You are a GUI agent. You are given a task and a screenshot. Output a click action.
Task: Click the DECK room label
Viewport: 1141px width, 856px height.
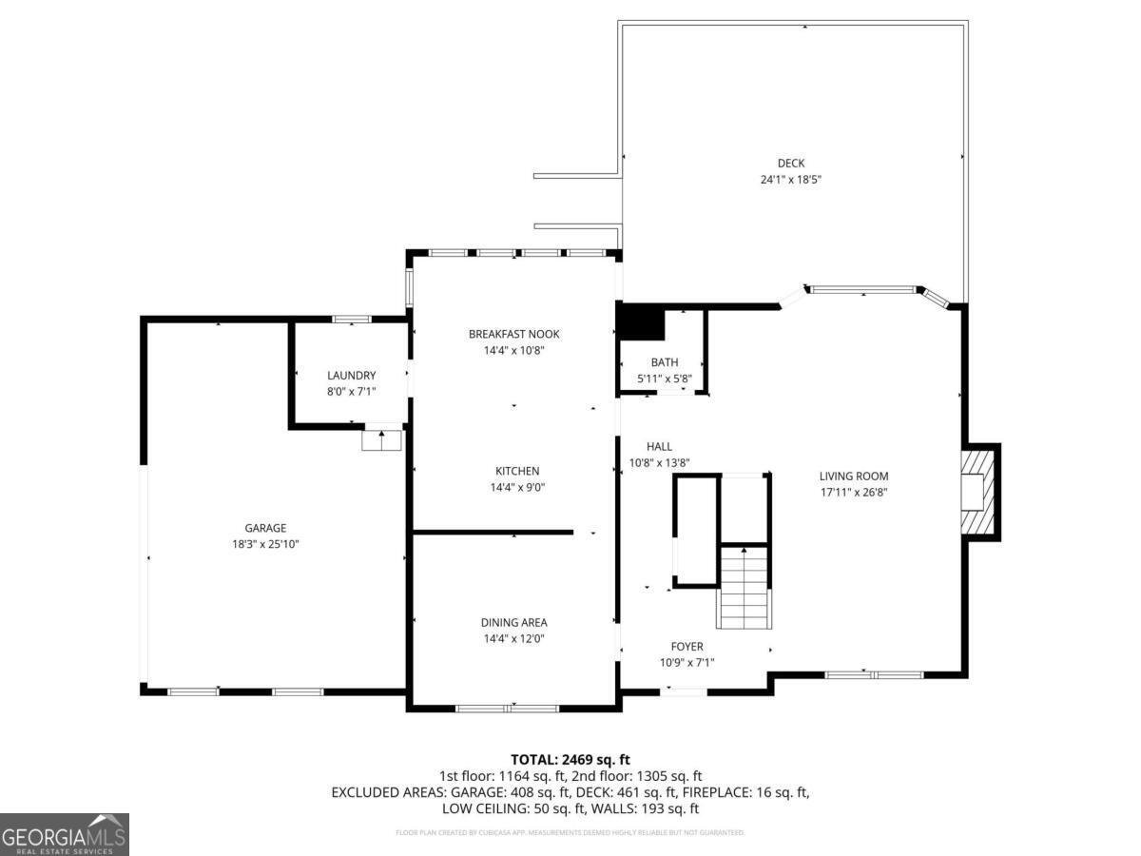[790, 163]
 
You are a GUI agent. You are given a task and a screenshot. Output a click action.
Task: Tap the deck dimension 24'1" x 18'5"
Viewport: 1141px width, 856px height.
[790, 179]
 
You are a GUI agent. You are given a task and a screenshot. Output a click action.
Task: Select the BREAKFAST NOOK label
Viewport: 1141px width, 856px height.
[513, 334]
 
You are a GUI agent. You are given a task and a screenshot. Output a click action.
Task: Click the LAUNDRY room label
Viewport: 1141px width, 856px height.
[351, 376]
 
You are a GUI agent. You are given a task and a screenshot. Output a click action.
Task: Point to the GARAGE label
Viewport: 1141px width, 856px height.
[265, 528]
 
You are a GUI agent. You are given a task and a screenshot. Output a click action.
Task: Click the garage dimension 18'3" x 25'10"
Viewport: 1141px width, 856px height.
[265, 544]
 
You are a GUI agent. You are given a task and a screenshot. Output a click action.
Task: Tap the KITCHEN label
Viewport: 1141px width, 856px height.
[517, 471]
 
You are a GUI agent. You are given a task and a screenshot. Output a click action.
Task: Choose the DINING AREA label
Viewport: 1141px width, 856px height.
[513, 623]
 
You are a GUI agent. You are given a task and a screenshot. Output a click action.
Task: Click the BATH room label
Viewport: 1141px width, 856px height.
[665, 362]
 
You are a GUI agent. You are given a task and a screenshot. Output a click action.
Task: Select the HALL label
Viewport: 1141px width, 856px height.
[659, 446]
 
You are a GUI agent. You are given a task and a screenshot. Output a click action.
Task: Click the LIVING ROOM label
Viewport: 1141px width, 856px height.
[854, 477]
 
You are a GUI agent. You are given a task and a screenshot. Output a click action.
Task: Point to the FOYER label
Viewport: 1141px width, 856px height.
[687, 647]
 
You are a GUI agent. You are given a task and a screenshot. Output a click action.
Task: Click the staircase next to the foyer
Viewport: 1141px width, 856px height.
[743, 590]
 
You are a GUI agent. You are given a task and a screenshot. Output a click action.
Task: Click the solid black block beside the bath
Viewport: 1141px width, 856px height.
[641, 321]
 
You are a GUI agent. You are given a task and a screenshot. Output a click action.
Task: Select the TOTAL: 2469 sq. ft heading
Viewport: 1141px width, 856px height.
[570, 759]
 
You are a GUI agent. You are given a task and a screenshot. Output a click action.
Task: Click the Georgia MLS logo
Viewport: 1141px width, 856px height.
[64, 834]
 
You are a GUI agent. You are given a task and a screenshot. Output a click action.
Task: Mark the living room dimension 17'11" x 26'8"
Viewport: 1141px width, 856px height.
[854, 493]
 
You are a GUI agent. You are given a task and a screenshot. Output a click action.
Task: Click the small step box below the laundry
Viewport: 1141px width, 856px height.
[382, 440]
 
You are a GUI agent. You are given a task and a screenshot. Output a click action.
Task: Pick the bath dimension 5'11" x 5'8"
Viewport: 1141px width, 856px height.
[665, 379]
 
